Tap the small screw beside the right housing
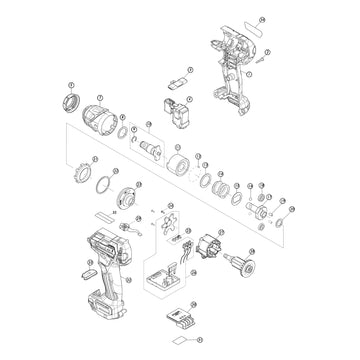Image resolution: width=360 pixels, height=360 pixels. coord(262,59)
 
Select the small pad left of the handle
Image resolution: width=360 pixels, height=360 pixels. coord(87,270)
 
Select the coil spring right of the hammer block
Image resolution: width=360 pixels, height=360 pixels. coord(214,183)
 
